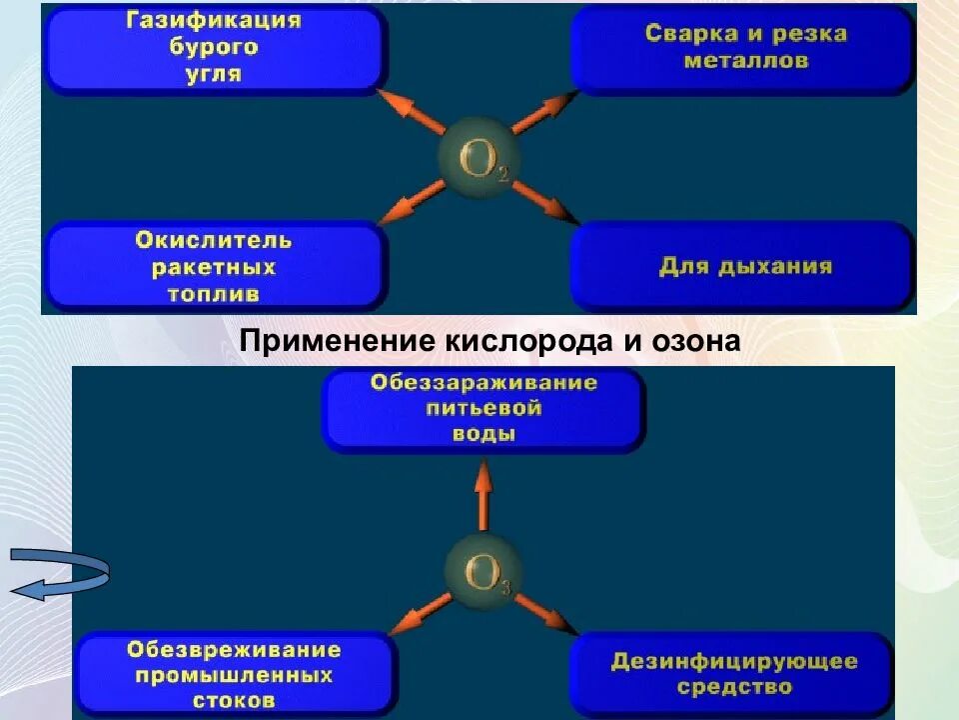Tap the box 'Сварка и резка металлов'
coord(744,48)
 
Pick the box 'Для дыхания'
coord(744,267)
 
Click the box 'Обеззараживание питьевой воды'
coord(483,409)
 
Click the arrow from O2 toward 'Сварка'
coord(545,114)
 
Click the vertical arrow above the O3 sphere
coord(483,496)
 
